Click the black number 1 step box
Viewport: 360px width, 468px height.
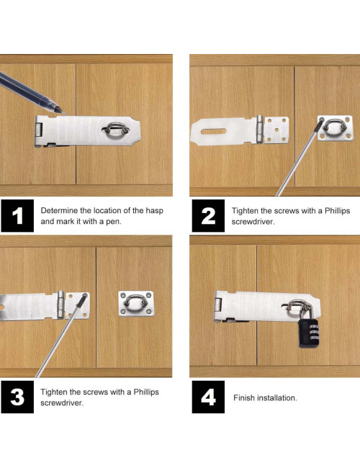[17, 216]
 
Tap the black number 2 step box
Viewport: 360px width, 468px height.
[208, 216]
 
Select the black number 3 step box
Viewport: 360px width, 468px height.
[17, 397]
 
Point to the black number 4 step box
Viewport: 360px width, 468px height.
[208, 397]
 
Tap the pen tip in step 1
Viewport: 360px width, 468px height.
[65, 114]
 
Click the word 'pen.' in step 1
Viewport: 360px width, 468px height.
[114, 222]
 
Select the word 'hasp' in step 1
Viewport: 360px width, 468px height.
[154, 210]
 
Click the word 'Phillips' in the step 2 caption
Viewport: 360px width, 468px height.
[337, 211]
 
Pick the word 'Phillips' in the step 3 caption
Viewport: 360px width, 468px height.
[146, 392]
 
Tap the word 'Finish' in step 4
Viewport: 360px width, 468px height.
[244, 398]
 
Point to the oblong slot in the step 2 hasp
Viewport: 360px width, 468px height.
[214, 131]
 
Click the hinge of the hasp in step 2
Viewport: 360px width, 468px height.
[261, 129]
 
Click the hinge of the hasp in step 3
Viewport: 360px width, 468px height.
[61, 305]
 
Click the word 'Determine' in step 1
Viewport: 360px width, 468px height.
[59, 210]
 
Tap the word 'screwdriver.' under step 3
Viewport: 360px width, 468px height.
[62, 403]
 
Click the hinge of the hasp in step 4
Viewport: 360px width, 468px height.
[218, 305]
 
